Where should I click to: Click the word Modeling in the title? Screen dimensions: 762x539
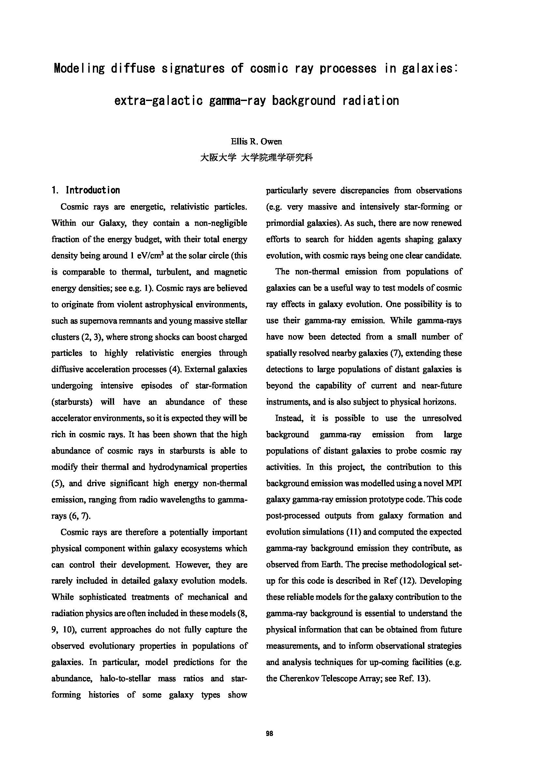[79, 69]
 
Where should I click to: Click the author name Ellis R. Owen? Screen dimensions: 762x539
[256, 142]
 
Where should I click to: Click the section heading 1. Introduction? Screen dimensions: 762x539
[86, 190]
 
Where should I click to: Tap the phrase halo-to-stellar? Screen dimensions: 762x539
[125, 678]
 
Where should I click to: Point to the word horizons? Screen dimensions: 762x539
[439, 402]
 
